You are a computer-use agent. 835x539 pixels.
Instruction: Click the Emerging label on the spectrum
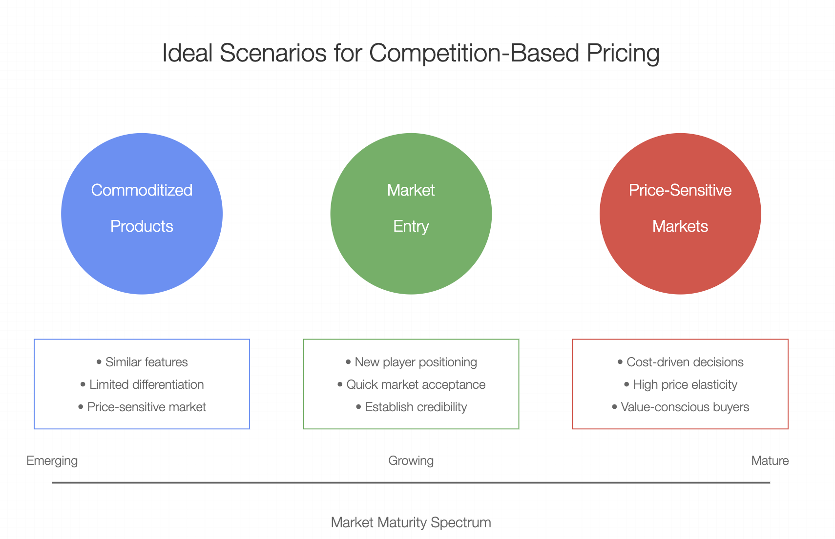point(52,460)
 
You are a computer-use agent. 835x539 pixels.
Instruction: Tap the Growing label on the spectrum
point(411,460)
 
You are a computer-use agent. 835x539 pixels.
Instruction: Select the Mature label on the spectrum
point(770,460)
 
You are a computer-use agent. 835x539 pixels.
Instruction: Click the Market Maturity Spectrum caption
point(411,522)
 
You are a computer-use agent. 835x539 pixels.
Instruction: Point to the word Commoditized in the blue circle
point(142,190)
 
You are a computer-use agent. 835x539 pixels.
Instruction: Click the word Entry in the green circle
point(411,226)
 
